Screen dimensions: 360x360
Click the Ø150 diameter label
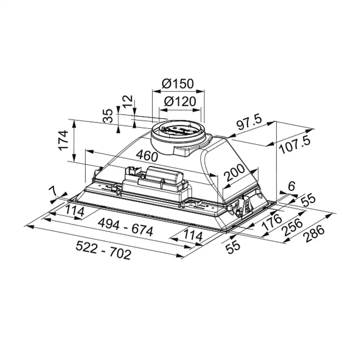pos(178,84)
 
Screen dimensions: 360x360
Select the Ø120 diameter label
pos(180,101)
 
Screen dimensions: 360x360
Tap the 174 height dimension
pos(64,140)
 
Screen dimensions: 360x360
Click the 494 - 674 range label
pos(125,227)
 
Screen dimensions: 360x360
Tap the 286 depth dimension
pos(314,234)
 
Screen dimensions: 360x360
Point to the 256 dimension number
pos(292,227)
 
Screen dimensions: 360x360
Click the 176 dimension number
pos(272,222)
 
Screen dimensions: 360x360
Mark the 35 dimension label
pos(108,116)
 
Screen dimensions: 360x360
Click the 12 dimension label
pos(128,101)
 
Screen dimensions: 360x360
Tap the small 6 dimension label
pos(291,186)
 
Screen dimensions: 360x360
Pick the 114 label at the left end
pos(75,211)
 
